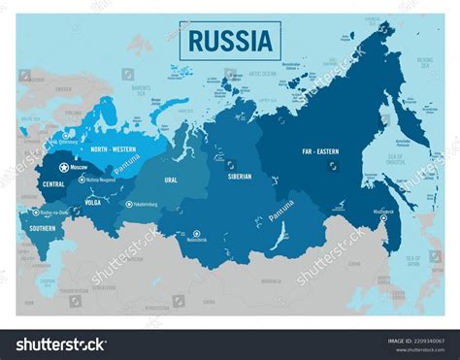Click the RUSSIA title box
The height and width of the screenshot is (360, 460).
pos(229,41)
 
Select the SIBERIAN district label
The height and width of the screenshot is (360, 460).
pos(238,177)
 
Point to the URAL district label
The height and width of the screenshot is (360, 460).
pos(171,180)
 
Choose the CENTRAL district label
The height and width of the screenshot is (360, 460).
pos(53,183)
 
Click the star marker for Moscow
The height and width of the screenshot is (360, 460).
pos(64,168)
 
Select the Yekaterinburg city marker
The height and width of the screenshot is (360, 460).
pos(128,204)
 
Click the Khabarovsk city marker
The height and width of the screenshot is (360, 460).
pos(382,218)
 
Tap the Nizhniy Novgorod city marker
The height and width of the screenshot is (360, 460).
pos(82,180)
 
